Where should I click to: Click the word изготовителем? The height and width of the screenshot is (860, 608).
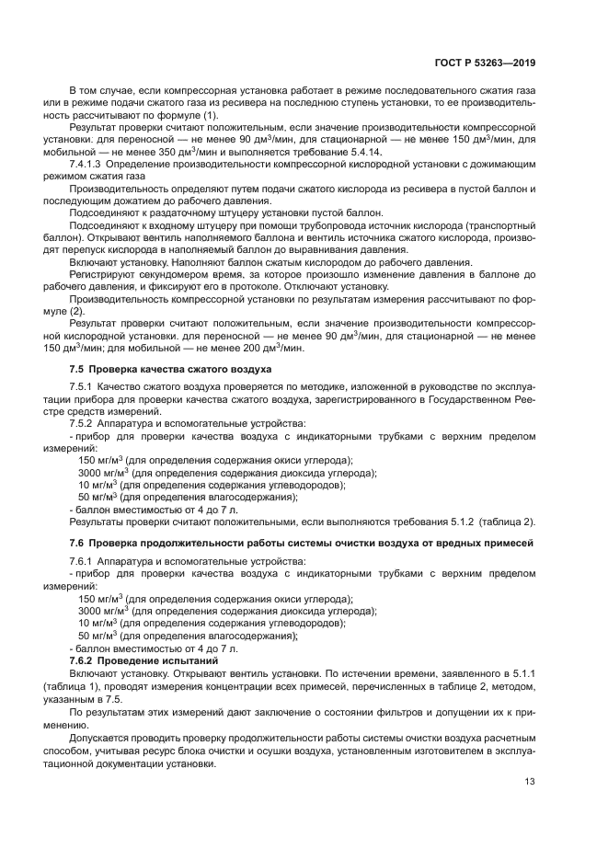432,751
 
